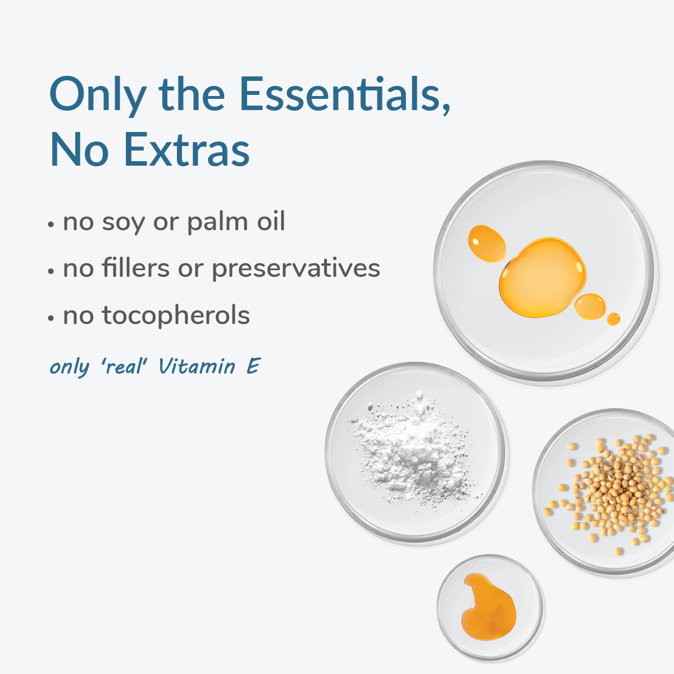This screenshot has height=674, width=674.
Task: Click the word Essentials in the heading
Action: click(339, 94)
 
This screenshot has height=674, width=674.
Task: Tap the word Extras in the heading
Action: click(187, 149)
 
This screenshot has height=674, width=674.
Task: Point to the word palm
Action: click(218, 222)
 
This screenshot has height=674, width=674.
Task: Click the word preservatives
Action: click(296, 270)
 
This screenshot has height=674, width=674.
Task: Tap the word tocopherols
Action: click(176, 316)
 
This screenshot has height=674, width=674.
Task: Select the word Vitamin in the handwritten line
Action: click(197, 366)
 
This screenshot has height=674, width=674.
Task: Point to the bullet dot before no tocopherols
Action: click(51, 318)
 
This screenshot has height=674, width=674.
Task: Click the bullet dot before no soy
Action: click(51, 225)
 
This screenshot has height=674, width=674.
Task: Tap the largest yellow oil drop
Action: click(543, 277)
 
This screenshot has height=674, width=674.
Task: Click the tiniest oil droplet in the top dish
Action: click(613, 319)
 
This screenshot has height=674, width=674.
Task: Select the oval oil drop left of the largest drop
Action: click(486, 243)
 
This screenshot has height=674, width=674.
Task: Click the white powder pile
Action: click(413, 451)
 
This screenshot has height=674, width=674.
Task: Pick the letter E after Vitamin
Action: click(253, 366)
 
